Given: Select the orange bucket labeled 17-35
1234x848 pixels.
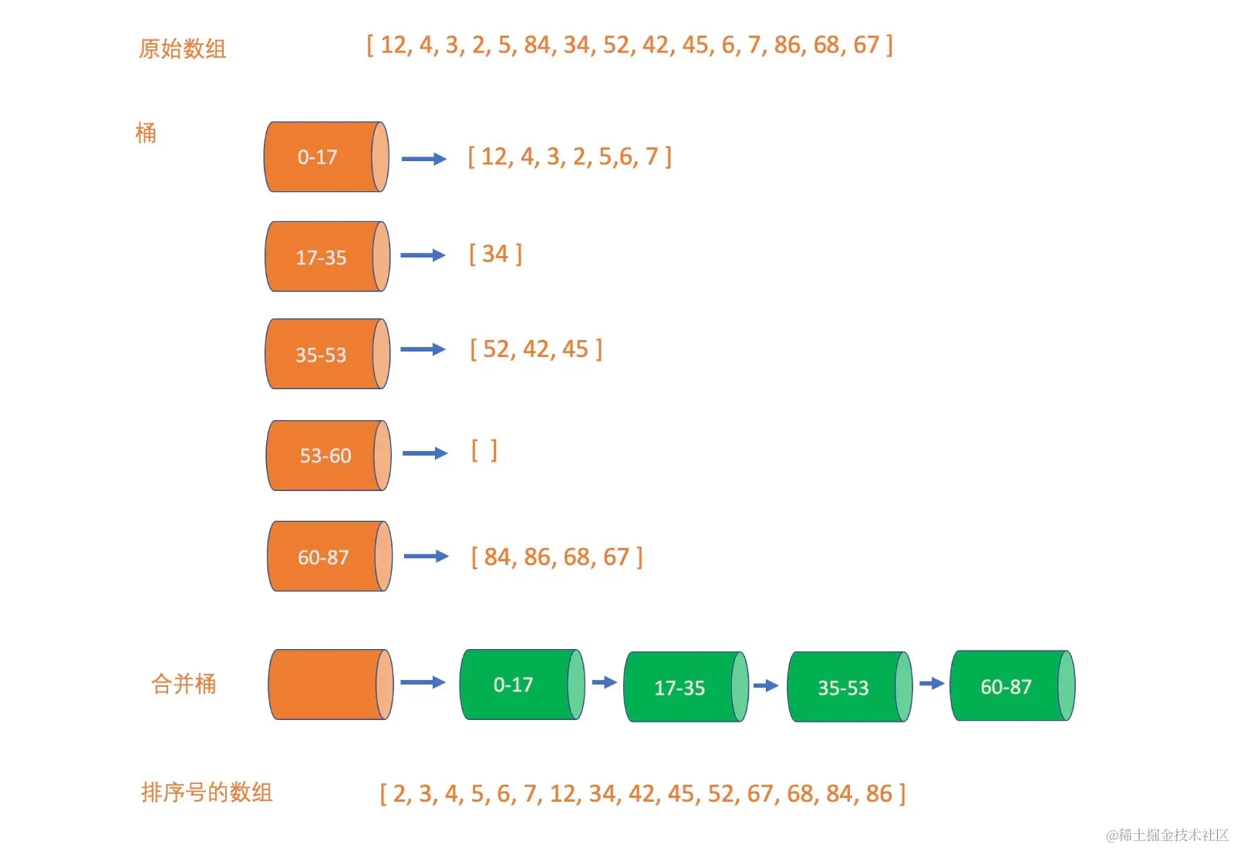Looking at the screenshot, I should coord(326,257).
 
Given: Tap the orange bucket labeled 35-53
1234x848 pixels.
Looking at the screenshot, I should coord(326,354).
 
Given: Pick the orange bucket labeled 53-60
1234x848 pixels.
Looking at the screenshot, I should coord(328,456).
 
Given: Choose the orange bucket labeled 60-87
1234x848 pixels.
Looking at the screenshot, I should coord(329,557).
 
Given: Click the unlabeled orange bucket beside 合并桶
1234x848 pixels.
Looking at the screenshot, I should coord(329,685).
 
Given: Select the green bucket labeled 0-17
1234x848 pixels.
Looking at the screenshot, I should coord(521,685).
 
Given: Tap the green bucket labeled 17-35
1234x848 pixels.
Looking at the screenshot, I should coord(685,687).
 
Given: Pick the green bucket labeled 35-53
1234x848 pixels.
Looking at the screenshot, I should coord(848,687).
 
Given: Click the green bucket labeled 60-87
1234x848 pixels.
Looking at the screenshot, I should coord(1011,686).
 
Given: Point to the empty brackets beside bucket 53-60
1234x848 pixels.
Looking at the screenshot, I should coord(484,451).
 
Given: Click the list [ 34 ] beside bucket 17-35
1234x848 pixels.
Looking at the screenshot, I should coord(495,254).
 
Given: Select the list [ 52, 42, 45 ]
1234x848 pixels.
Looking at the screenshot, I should coord(536,349).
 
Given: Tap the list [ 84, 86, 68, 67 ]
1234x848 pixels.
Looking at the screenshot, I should coord(556,557).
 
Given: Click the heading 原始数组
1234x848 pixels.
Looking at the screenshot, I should coord(182,49).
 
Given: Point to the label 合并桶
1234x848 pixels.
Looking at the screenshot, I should coord(184,684).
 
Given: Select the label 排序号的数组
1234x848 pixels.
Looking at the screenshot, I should coord(207,792).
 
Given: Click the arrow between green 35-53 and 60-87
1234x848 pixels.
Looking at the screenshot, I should coord(932,684).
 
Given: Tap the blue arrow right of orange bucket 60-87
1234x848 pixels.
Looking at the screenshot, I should coord(426,556).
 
